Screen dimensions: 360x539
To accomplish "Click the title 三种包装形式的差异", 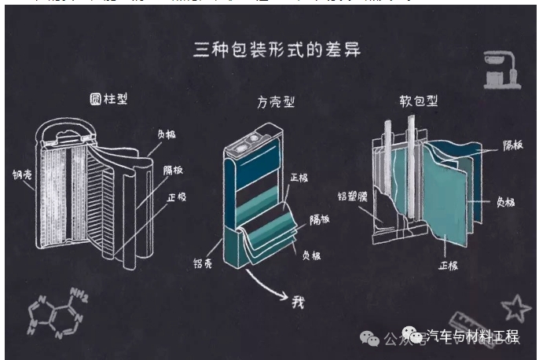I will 277,52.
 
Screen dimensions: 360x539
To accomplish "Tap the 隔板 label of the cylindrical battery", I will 174,170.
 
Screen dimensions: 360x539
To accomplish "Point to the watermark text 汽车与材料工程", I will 471,337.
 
